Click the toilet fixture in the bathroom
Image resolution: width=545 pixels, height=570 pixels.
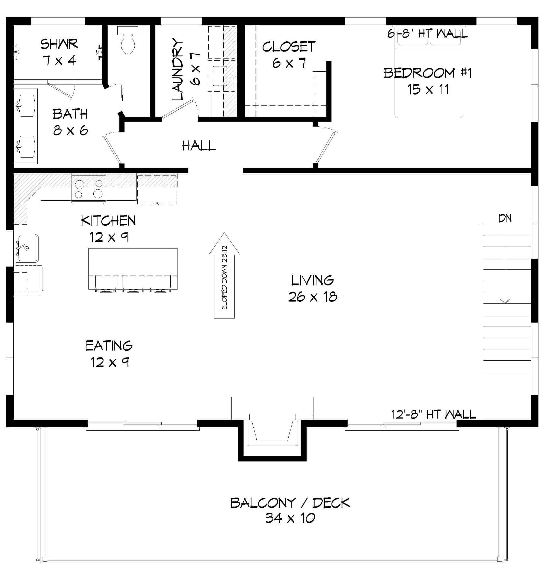point(128,41)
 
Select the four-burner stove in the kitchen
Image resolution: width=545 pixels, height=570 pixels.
point(89,189)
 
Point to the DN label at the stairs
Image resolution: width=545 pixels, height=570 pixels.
point(505,218)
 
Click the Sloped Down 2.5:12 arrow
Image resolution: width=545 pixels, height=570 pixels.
point(224,276)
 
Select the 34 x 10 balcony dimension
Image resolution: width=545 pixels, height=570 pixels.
point(290,518)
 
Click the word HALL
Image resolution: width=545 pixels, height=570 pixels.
point(199,146)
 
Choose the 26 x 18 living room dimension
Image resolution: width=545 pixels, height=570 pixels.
point(313,297)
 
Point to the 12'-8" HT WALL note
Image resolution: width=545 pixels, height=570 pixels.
point(433,414)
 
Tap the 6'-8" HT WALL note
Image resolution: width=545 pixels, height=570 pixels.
point(427,34)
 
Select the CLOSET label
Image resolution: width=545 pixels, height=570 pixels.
point(289,47)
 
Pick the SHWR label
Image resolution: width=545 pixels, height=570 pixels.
point(59,44)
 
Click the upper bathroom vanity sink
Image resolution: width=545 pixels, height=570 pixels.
point(26,106)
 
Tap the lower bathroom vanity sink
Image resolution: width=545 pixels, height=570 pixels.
point(26,147)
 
